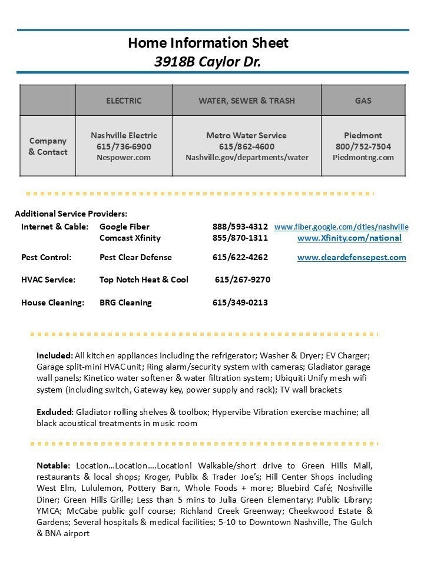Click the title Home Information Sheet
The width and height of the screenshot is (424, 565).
coord(208,43)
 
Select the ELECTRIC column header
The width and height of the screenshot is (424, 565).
coord(124,101)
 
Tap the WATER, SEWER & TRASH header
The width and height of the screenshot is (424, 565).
coord(246,101)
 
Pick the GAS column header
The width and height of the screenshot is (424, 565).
coord(363,101)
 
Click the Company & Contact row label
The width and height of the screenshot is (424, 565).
coord(48,146)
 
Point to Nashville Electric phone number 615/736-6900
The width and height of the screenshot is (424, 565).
coord(124,147)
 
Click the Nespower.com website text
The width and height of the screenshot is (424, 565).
coord(124,157)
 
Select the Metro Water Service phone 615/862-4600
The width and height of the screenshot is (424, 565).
coord(246,147)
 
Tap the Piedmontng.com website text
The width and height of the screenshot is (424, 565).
coord(363,157)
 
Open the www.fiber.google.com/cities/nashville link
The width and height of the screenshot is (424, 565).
coord(341,227)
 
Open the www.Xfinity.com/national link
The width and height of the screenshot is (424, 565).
coord(349,238)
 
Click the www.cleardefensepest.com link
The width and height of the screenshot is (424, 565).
coord(352,257)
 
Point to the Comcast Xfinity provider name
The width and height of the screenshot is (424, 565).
coord(130,238)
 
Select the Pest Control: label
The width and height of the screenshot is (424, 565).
coord(46,257)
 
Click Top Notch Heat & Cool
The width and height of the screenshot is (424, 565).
coord(144,280)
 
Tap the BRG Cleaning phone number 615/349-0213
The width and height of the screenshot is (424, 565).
coord(240,303)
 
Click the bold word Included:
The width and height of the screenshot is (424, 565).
coord(55,355)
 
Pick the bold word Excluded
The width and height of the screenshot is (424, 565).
coord(55,412)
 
